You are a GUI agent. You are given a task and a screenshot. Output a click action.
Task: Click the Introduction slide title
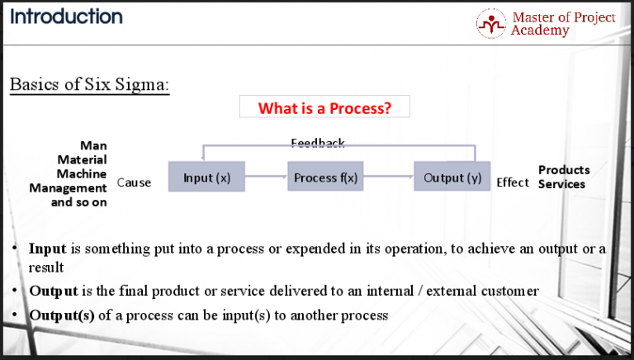pyautogui.click(x=66, y=17)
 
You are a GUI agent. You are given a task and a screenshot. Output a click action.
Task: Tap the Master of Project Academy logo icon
pyautogui.click(x=491, y=23)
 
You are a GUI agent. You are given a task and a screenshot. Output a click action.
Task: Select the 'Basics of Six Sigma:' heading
pyautogui.click(x=89, y=86)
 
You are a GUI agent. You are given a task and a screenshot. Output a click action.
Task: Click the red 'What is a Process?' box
pyautogui.click(x=324, y=108)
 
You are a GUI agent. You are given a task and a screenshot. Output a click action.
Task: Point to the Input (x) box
pyautogui.click(x=206, y=178)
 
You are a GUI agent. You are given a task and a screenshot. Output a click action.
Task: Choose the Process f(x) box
pyautogui.click(x=326, y=178)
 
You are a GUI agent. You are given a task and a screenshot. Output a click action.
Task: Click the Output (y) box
pyautogui.click(x=452, y=178)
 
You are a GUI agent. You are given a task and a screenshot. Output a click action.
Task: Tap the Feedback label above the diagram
pyautogui.click(x=318, y=144)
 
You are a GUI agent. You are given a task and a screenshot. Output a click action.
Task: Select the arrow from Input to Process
pyautogui.click(x=266, y=177)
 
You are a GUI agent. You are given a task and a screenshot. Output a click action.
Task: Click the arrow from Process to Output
pyautogui.click(x=388, y=177)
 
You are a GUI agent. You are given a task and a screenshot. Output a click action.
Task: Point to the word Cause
pyautogui.click(x=134, y=182)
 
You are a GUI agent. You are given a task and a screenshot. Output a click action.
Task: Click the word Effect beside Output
pyautogui.click(x=513, y=182)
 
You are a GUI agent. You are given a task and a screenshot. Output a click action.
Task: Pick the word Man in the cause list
pyautogui.click(x=93, y=146)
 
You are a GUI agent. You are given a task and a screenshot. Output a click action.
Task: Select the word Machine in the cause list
pyautogui.click(x=82, y=174)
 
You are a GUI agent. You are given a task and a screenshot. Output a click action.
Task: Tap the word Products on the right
pyautogui.click(x=564, y=170)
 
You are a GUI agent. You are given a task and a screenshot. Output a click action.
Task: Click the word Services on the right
pyautogui.click(x=561, y=184)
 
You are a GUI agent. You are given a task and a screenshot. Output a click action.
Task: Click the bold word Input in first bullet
pyautogui.click(x=47, y=249)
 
